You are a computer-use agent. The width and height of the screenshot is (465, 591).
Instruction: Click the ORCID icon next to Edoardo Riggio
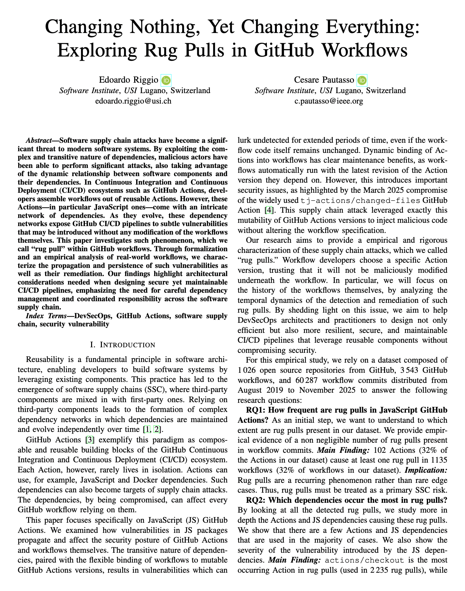point(166,80)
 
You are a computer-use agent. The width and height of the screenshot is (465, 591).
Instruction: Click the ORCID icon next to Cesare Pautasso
point(362,80)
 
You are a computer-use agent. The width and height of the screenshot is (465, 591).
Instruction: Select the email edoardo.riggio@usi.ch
point(133,101)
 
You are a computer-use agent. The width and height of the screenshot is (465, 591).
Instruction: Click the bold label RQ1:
point(257,410)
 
